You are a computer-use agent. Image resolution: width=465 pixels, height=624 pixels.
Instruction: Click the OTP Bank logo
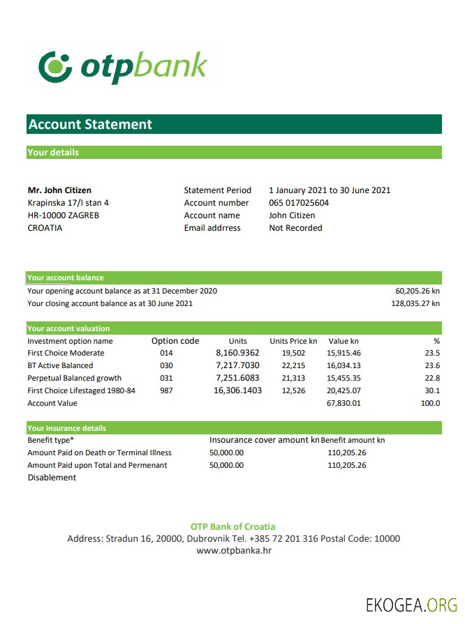(124, 66)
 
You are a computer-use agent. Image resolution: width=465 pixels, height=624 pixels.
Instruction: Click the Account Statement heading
(90, 125)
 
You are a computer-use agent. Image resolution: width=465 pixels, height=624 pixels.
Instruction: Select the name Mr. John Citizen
(59, 190)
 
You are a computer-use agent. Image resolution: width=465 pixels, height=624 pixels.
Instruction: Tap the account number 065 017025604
(299, 203)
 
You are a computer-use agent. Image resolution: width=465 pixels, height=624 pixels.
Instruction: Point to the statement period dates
(330, 190)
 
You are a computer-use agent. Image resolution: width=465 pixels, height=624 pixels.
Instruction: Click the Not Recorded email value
(295, 228)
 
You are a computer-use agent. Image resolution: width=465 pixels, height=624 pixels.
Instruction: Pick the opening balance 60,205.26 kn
(418, 291)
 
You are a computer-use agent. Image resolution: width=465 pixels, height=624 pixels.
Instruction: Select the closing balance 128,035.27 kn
(415, 303)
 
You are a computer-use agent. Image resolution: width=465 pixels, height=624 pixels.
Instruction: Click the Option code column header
(175, 341)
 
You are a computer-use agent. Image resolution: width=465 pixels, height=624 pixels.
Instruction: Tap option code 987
(166, 390)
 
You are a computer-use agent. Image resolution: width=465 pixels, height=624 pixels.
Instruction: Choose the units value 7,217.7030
(237, 365)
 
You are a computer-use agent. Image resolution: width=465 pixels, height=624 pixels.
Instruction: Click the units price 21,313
(293, 378)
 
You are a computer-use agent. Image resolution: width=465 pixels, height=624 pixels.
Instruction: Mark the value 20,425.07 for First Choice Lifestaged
(344, 390)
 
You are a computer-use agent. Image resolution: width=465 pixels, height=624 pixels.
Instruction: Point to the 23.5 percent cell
(433, 353)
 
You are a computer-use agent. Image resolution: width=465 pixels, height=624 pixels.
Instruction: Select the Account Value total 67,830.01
(344, 403)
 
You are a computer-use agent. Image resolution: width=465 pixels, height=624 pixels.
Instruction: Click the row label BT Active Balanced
(60, 365)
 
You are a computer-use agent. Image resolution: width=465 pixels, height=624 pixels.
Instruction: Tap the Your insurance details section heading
(67, 428)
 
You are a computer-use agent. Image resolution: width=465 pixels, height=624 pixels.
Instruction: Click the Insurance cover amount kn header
(264, 440)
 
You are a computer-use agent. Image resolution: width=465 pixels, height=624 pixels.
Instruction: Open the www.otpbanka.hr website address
(234, 551)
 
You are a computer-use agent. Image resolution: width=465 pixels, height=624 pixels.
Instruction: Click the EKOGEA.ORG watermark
(411, 604)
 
